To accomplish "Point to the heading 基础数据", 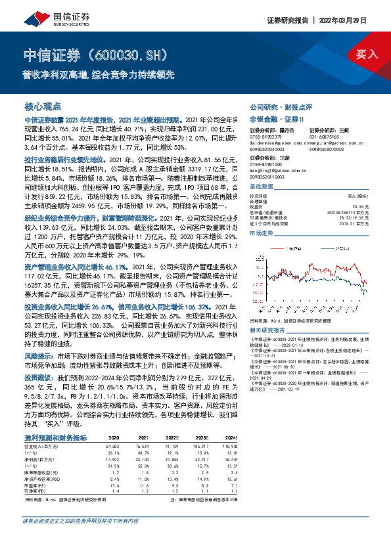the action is [263, 187].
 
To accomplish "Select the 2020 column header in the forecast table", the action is [114, 437].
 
